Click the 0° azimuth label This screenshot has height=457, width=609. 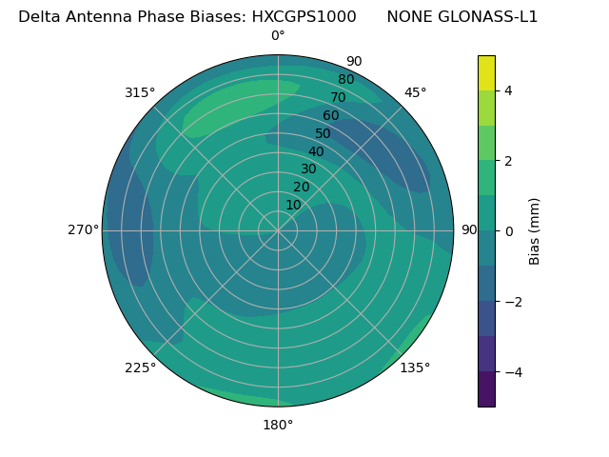click(278, 36)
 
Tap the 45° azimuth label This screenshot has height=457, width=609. click(415, 92)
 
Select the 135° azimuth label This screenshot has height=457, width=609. click(415, 368)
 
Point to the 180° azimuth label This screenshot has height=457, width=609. click(278, 425)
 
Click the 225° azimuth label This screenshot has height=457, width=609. click(140, 368)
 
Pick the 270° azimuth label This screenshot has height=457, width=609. click(84, 229)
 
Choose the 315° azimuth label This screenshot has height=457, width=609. click(140, 92)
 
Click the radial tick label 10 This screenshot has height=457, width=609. click(293, 205)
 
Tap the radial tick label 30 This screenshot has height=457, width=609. click(308, 169)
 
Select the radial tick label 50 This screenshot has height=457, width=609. click(324, 134)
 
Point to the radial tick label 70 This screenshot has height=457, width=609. click(339, 97)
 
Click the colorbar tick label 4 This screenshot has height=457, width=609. click(508, 90)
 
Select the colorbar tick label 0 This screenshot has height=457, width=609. click(508, 231)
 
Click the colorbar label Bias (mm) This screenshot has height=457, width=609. click(535, 231)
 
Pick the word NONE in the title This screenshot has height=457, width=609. click(407, 16)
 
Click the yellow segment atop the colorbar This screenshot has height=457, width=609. click(486, 72)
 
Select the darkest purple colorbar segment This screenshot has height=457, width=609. click(486, 389)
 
